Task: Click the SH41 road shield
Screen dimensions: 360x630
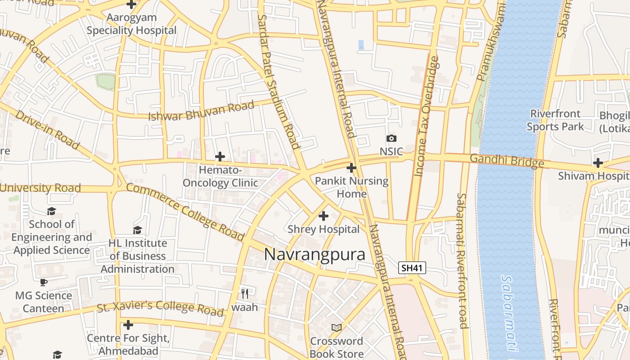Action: [412, 268]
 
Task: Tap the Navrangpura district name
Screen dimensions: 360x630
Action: [315, 254]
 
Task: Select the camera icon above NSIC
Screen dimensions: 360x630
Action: [391, 139]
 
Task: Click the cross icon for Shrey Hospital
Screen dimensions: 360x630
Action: [324, 216]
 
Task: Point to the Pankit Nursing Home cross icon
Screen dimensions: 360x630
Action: [351, 168]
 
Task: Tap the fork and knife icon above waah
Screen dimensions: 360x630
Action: [245, 294]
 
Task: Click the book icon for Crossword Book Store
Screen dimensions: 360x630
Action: [336, 328]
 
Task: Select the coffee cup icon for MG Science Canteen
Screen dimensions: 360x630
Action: [44, 282]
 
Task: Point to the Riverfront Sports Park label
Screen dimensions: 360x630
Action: [555, 120]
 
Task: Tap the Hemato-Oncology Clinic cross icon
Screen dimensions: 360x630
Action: [220, 157]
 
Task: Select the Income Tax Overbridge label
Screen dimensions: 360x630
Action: [427, 116]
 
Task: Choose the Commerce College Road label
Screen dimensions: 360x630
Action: [185, 211]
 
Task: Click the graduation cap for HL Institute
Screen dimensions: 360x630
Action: [137, 230]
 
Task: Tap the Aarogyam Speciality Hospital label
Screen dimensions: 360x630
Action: [131, 24]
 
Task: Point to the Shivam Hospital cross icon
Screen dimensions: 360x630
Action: [598, 162]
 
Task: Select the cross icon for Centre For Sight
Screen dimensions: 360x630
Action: [128, 324]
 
